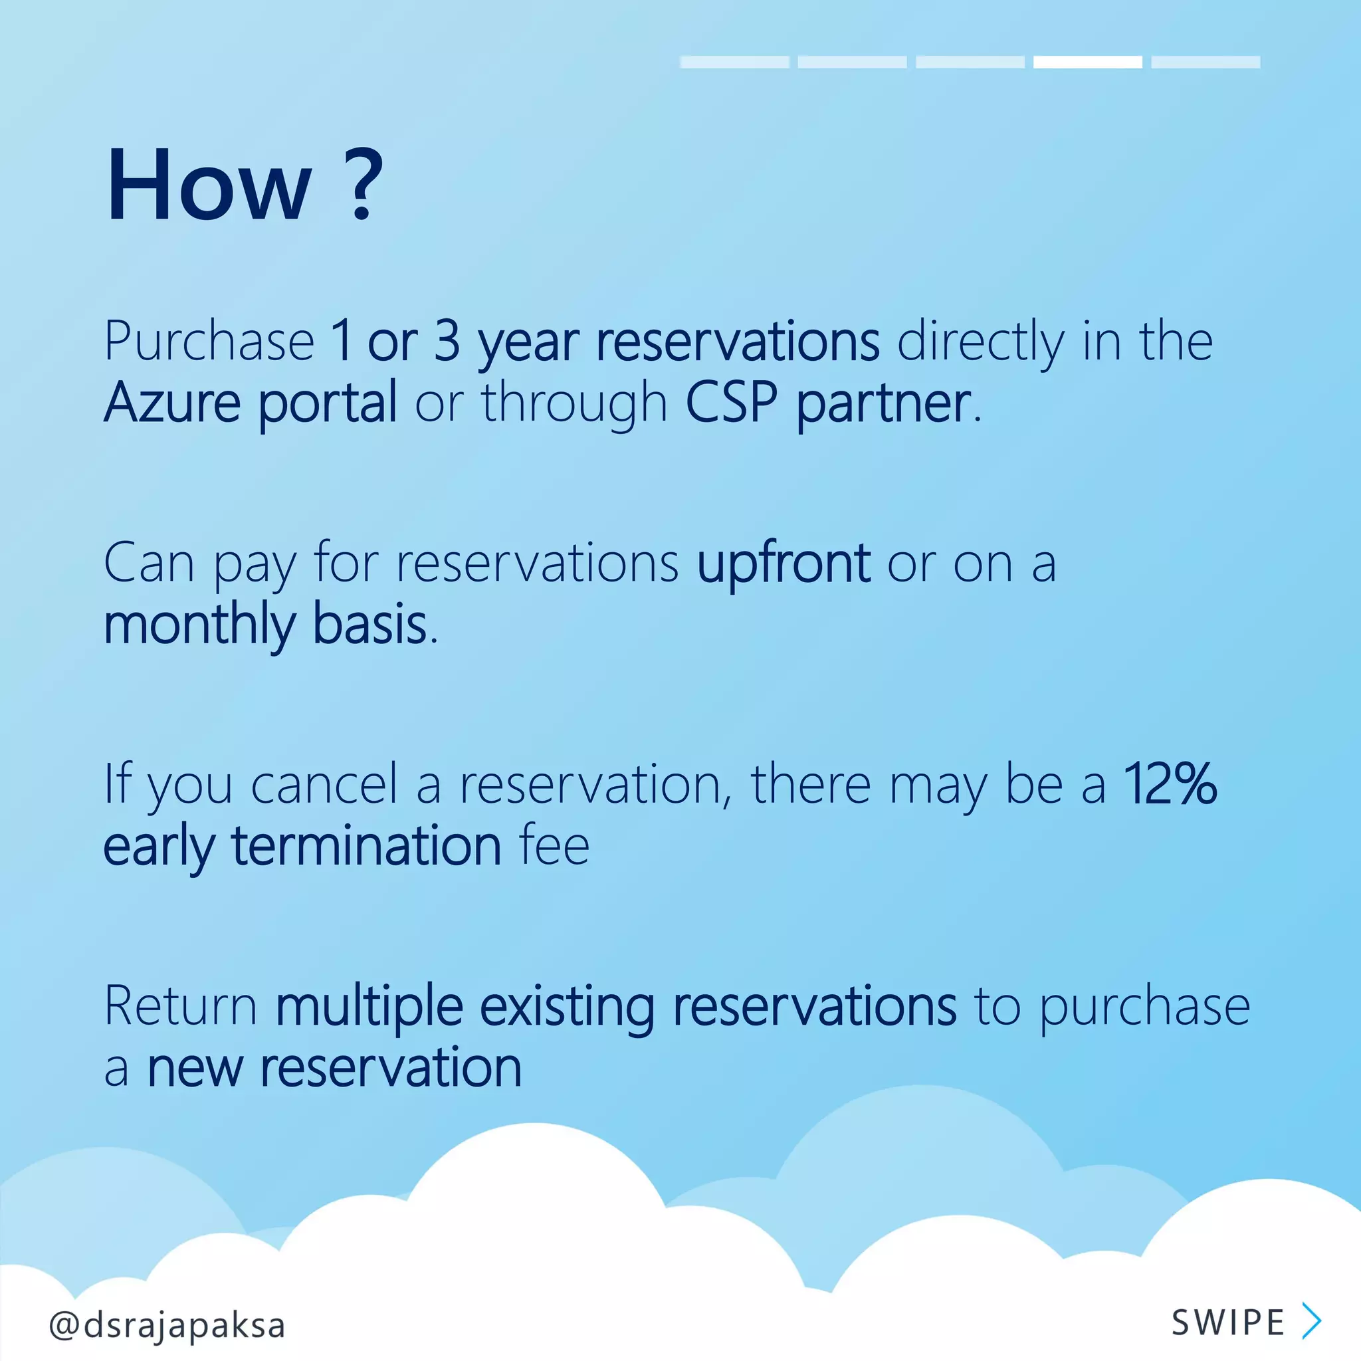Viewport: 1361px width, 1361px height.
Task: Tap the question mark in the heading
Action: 364,184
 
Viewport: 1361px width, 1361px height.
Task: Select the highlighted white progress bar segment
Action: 1087,62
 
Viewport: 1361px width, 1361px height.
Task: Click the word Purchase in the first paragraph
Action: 209,341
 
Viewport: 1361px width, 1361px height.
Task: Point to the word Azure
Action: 173,402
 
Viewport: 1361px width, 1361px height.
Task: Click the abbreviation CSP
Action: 731,402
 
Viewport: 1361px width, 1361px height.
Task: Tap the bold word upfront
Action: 783,564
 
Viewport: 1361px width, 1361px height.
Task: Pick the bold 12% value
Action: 1170,784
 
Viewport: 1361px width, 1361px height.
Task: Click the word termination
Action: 366,845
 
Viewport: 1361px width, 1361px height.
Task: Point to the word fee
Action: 554,845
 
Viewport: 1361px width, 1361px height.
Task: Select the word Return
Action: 180,1006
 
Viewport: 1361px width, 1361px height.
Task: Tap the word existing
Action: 567,1007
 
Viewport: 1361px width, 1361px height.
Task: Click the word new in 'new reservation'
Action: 195,1068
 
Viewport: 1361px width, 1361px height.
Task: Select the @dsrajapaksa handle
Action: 167,1325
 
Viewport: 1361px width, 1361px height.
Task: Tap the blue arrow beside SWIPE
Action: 1311,1321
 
